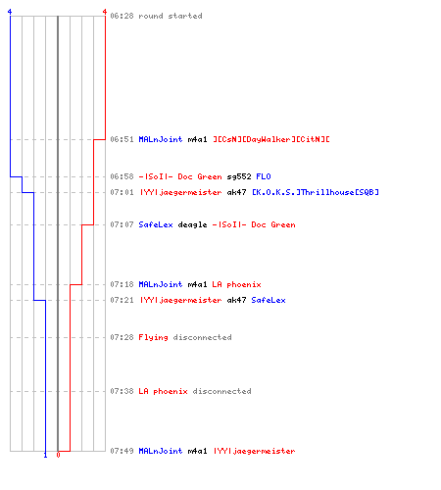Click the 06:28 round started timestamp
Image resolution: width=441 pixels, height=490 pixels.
click(x=122, y=16)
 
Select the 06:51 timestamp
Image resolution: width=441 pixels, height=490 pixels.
click(x=122, y=139)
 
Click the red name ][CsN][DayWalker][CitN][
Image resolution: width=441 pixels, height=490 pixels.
click(x=271, y=139)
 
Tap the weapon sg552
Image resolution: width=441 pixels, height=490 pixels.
click(x=239, y=176)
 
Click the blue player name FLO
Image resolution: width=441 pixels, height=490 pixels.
click(x=264, y=176)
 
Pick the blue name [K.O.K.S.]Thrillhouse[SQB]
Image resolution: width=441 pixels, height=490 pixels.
click(x=316, y=192)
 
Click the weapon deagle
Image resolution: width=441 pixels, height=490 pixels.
click(x=192, y=224)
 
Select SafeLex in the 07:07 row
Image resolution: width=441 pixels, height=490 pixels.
click(x=156, y=224)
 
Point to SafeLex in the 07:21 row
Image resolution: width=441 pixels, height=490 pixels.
click(x=269, y=300)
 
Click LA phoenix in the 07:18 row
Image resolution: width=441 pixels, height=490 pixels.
click(x=236, y=284)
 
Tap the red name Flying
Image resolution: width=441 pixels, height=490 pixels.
click(x=153, y=337)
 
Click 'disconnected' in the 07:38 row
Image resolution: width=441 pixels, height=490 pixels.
click(x=221, y=391)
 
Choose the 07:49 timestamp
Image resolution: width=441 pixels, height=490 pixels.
click(x=122, y=451)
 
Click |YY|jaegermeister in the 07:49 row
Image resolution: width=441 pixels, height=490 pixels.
click(x=254, y=451)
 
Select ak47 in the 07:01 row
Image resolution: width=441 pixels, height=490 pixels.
click(x=236, y=192)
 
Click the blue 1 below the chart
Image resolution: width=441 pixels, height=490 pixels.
click(x=45, y=455)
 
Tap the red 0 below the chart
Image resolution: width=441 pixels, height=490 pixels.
click(x=58, y=455)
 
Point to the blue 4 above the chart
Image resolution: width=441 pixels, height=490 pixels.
click(x=10, y=12)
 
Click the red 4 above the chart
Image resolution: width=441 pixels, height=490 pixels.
click(x=105, y=12)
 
